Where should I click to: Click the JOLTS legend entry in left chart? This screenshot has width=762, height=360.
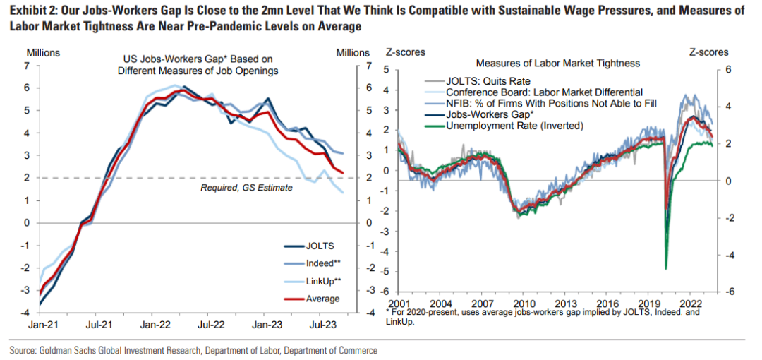tap(318, 246)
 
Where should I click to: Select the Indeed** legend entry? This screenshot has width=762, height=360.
tap(323, 263)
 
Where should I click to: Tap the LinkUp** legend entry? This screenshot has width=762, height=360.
tap(324, 281)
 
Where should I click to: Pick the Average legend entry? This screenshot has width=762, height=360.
tap(322, 299)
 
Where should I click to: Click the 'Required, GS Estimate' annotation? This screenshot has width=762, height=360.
tap(246, 188)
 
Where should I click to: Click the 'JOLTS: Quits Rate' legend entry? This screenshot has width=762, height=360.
tap(488, 81)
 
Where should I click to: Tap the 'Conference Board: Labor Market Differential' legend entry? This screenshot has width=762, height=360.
tap(544, 92)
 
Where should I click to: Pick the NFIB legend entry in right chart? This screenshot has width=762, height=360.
tap(551, 104)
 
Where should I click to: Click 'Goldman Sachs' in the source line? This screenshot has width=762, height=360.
tap(68, 350)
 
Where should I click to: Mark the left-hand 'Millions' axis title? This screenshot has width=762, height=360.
tap(43, 53)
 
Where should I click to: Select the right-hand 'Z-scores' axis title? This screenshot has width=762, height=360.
tap(708, 53)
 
